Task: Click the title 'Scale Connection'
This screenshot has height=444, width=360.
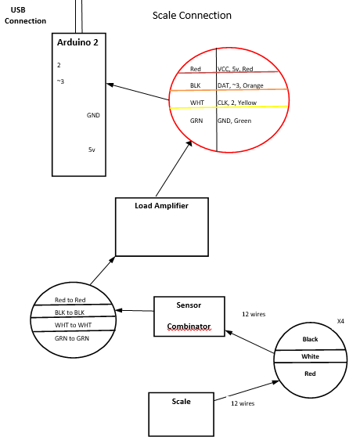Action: (x=192, y=16)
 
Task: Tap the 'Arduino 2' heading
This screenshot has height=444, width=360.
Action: (x=77, y=42)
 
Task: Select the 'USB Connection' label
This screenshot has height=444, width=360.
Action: (x=25, y=16)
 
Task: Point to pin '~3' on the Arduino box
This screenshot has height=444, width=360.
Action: (x=60, y=81)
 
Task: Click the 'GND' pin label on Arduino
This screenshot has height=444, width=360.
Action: (x=93, y=115)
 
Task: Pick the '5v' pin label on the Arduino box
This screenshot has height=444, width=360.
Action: (x=92, y=150)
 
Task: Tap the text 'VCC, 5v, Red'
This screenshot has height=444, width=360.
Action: (x=235, y=69)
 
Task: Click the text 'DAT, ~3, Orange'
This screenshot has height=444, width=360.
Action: (x=240, y=85)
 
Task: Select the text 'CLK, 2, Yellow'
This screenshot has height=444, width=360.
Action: (x=237, y=103)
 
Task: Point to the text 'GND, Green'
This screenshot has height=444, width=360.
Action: (x=234, y=121)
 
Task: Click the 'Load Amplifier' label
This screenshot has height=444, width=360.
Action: (x=161, y=206)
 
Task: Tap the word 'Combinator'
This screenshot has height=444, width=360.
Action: (x=189, y=327)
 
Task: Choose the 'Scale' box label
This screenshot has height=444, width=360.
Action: (x=181, y=402)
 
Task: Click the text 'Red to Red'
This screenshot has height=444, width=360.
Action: (x=70, y=300)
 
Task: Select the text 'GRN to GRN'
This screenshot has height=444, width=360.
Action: (x=72, y=338)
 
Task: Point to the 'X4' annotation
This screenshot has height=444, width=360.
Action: (x=340, y=321)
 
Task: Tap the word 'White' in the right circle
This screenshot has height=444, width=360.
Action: (x=310, y=356)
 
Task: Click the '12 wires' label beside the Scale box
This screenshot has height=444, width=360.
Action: (x=243, y=403)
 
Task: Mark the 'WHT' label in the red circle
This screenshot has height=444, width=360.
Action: (x=197, y=103)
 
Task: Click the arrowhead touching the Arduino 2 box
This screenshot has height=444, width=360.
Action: (x=110, y=85)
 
